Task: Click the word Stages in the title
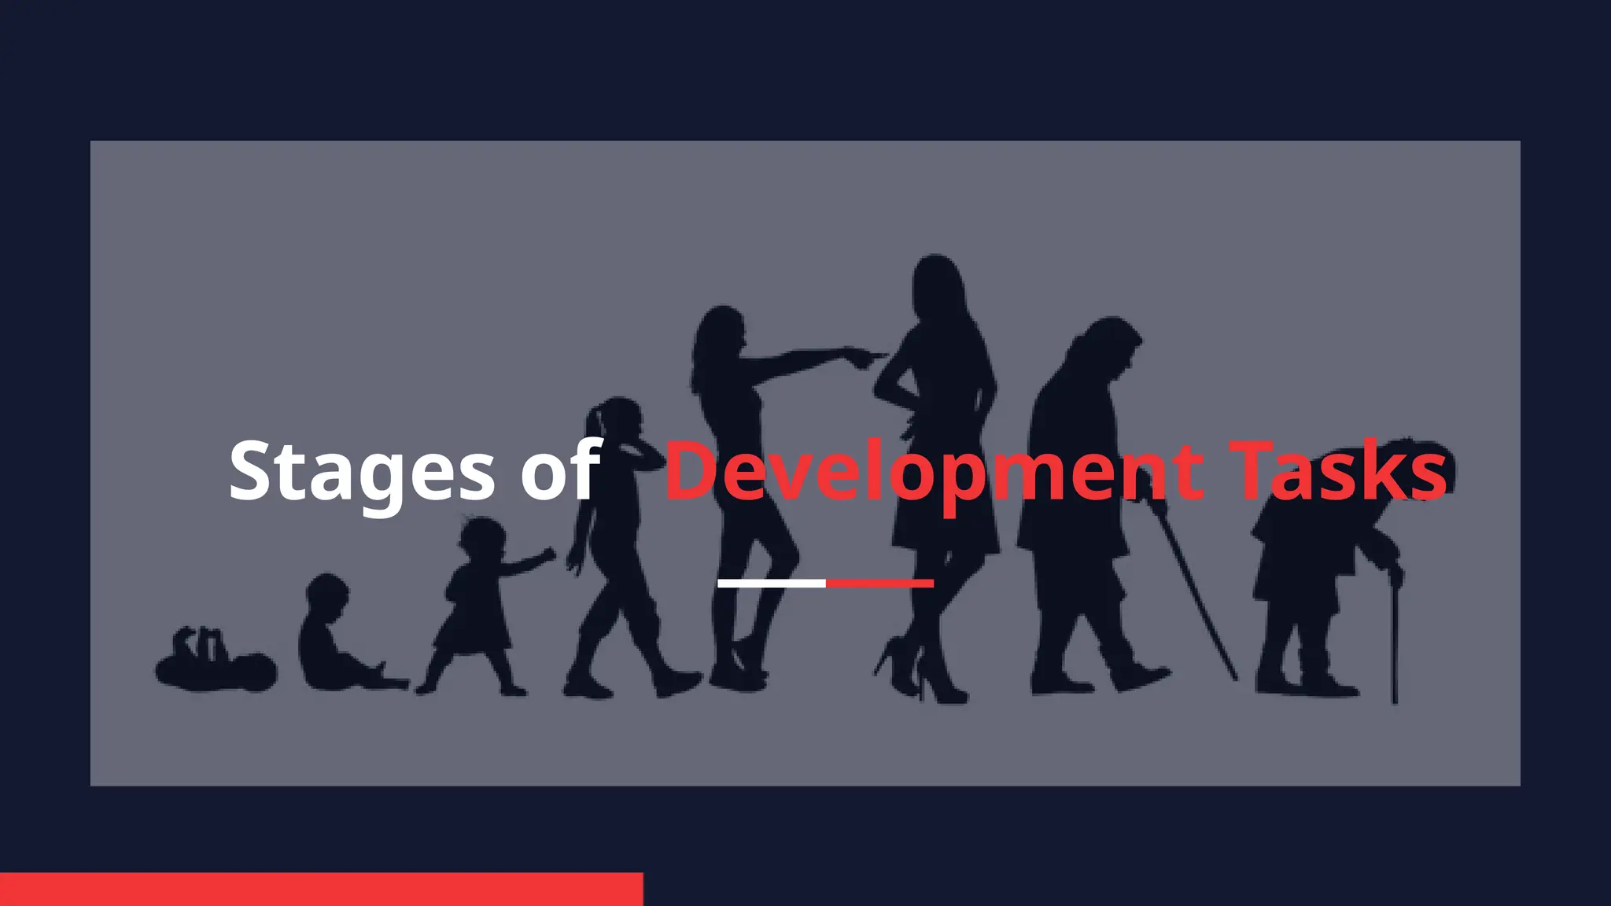pos(361,472)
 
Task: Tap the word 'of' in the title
pos(560,470)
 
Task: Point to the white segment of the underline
pos(772,584)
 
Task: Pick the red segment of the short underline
pos(879,584)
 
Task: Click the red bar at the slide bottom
pos(321,889)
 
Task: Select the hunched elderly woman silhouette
pos(1314,566)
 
